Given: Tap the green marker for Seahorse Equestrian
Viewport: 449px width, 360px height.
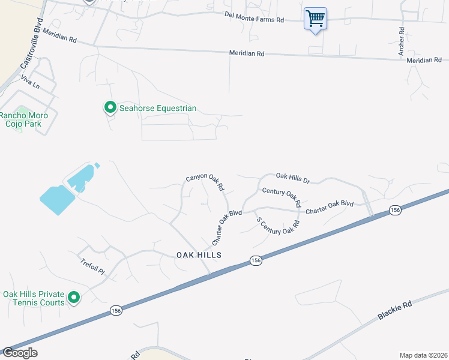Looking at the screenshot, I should coord(110,108).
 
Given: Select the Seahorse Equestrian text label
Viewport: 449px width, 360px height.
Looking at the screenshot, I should coord(158,109).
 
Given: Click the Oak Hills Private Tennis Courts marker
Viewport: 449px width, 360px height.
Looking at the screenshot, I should coord(74,298).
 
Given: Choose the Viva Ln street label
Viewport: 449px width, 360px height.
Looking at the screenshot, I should coord(29,82).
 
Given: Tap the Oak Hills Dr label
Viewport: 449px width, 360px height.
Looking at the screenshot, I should coord(292,178).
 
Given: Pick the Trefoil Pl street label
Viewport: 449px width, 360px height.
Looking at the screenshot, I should coord(92,267).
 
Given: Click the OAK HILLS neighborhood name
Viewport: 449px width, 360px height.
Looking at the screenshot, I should coord(199,255).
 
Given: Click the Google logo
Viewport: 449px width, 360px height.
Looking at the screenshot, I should coord(20,353).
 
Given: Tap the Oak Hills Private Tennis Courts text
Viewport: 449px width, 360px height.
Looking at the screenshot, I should coord(34,298).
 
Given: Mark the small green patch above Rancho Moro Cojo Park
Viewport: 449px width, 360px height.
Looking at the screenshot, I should coord(19,128).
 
